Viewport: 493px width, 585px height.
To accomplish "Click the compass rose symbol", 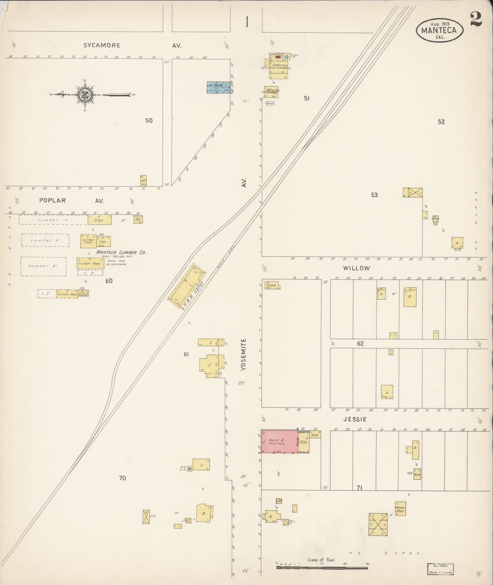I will tap(84, 95).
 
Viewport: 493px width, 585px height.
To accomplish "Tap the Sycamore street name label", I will tap(102, 45).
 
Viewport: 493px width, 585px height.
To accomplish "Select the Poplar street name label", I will tap(52, 200).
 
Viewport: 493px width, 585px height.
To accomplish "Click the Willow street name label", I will tap(357, 268).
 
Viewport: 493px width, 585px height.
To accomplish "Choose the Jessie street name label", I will tap(357, 419).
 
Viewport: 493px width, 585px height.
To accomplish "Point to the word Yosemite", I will tap(243, 355).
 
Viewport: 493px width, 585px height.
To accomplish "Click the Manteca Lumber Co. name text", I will tap(121, 253).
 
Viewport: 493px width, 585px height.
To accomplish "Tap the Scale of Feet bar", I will tap(322, 568).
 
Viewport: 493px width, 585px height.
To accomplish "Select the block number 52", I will tap(441, 122).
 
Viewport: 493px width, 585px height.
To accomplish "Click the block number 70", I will tap(122, 478).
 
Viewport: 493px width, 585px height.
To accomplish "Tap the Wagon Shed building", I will tap(400, 509).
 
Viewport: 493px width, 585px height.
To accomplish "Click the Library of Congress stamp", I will tap(440, 569).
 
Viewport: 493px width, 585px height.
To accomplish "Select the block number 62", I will tap(360, 344).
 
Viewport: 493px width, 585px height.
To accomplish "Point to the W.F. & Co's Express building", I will tap(271, 92).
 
